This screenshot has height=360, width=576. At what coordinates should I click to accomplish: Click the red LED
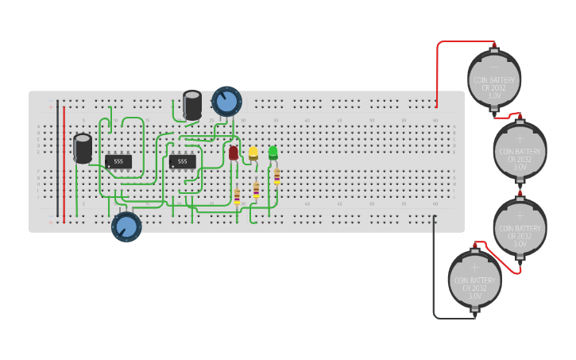pos(234,153)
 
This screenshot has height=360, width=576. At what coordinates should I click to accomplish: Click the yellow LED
pos(253,152)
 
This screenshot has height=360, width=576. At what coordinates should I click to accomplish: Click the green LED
pos(273,151)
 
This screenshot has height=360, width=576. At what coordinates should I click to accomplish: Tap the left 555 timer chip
pos(118,161)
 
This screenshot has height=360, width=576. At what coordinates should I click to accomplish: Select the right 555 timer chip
pos(182,161)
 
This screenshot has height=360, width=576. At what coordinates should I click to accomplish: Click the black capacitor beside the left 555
pos(83,148)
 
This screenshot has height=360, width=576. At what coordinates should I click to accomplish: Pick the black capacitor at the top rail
pos(192,105)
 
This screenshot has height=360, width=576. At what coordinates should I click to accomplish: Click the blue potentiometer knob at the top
pos(226,101)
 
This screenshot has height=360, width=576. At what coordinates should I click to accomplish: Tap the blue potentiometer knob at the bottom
pos(126,226)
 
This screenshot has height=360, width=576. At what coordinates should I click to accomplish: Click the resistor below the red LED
pos(237,195)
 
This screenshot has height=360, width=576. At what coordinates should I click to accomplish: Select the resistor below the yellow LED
pos(256,189)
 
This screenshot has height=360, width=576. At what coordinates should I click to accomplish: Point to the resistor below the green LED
pos(276,176)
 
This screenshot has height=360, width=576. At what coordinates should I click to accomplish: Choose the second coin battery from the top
pos(520,149)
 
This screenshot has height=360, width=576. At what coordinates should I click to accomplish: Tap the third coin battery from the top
pos(520,226)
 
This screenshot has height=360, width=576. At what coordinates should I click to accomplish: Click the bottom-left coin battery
pos(475,280)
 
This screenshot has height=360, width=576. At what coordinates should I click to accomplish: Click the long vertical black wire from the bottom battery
pos(435,270)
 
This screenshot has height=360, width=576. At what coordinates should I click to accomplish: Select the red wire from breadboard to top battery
pos(437,72)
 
